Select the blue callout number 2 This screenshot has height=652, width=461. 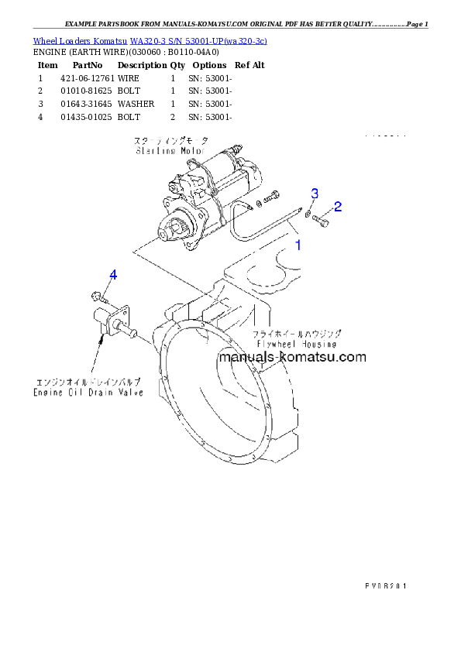pyautogui.click(x=338, y=207)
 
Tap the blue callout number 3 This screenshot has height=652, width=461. pyautogui.click(x=315, y=192)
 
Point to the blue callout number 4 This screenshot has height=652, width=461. pyautogui.click(x=113, y=275)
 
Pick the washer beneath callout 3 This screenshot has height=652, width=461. pyautogui.click(x=308, y=213)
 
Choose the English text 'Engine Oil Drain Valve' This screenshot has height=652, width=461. pyautogui.click(x=88, y=393)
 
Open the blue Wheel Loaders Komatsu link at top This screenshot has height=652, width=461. pyautogui.click(x=150, y=40)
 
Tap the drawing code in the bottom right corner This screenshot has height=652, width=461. pyautogui.click(x=385, y=585)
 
